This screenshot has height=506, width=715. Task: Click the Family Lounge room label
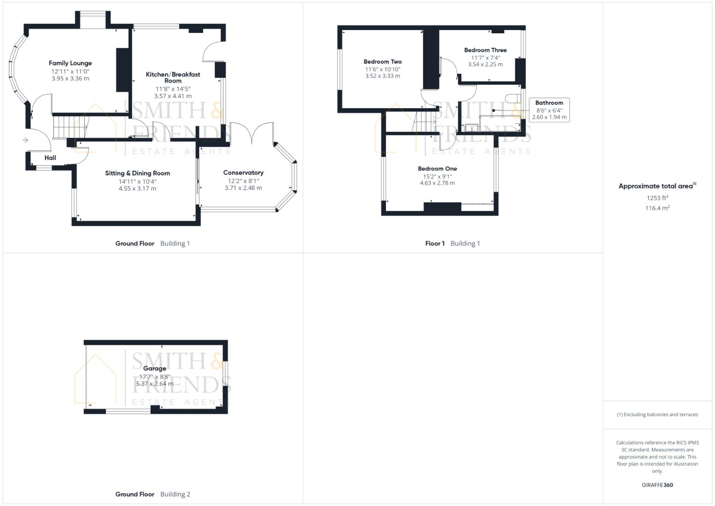70,63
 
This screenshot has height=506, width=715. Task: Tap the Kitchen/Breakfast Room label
173,77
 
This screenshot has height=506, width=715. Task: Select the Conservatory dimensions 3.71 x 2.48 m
243,188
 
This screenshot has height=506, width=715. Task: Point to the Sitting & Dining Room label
137,173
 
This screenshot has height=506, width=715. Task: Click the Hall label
50,158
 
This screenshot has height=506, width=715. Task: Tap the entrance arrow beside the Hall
25,140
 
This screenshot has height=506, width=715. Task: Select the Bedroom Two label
383,62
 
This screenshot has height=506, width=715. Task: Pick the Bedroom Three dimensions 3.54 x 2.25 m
485,65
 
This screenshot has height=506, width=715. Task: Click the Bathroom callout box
549,110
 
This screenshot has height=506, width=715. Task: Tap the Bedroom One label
437,169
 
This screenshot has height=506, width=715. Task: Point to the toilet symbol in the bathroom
513,98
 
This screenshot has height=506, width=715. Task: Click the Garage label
155,369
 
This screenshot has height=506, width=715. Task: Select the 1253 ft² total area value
657,198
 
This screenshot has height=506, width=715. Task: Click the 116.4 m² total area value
657,208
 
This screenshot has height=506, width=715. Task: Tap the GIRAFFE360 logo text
657,485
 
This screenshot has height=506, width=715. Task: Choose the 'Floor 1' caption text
435,244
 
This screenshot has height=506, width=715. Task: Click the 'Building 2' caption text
175,494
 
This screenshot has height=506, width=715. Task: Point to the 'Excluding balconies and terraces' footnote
657,415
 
